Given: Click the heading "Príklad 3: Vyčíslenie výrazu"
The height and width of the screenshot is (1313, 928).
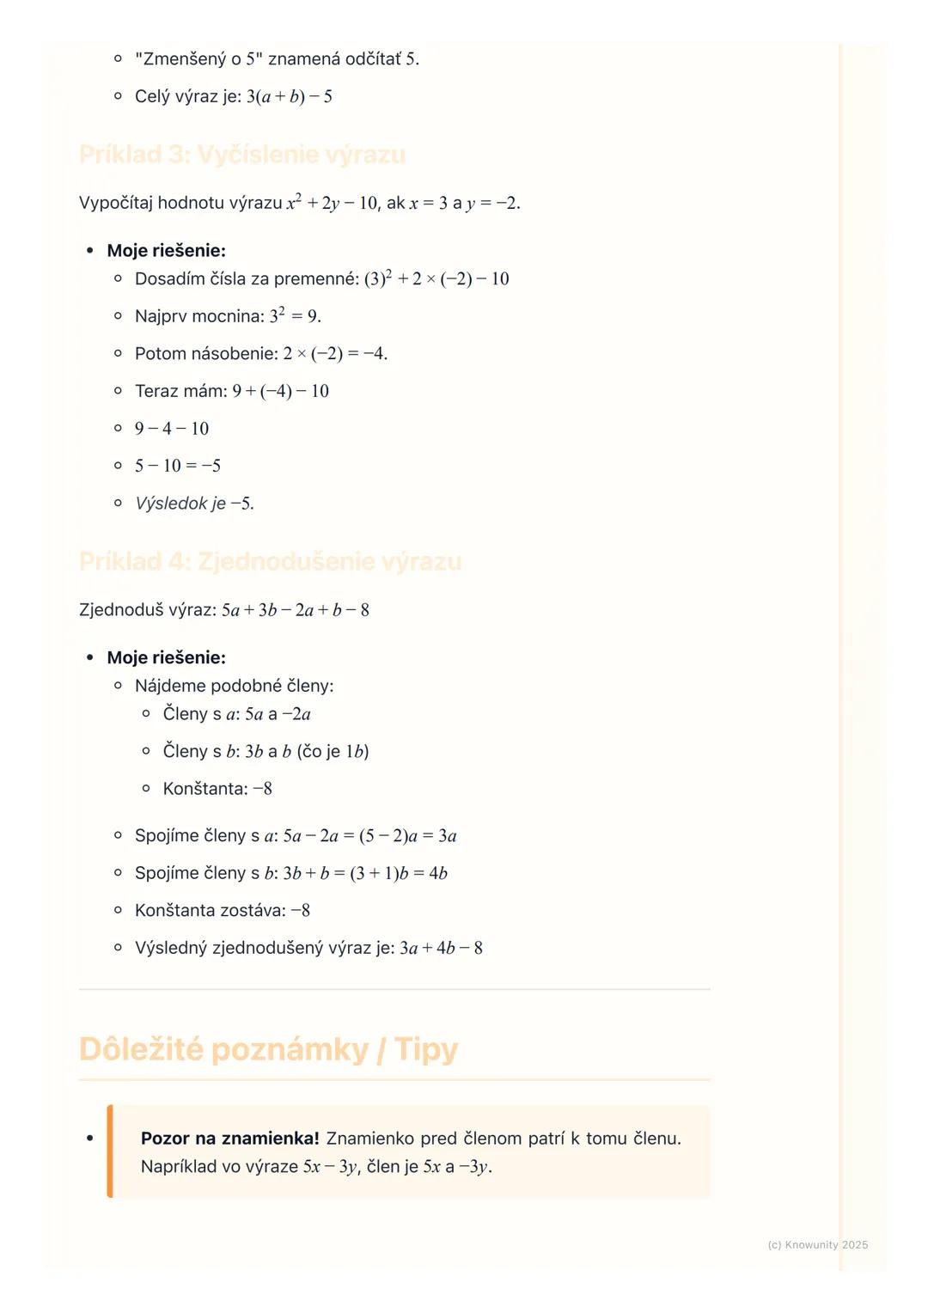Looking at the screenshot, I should [x=242, y=155].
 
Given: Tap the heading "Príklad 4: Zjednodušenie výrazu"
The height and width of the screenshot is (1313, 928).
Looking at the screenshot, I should [x=271, y=562].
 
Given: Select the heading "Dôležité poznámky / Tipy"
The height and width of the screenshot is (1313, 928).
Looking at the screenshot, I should [x=268, y=1049].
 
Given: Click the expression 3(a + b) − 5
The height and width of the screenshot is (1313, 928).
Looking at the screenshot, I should [x=290, y=96].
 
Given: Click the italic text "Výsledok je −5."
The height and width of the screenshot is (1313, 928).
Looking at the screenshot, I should [x=194, y=504].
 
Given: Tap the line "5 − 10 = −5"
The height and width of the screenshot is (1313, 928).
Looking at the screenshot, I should [x=178, y=466].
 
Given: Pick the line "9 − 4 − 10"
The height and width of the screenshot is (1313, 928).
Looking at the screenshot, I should [x=172, y=429].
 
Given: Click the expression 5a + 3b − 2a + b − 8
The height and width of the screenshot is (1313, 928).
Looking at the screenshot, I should [x=296, y=610].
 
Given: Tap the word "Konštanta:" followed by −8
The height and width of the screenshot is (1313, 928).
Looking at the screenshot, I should [x=205, y=789].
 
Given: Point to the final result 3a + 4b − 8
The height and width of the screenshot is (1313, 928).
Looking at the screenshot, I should [x=441, y=949].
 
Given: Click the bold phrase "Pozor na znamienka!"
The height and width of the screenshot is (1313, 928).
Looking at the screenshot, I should [x=229, y=1139].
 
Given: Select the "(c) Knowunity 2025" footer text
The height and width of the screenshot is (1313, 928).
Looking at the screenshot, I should [x=817, y=1244].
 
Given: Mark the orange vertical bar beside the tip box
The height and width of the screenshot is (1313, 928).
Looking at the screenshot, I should [x=110, y=1151].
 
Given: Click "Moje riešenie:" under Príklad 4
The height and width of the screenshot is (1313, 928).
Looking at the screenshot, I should [x=166, y=658].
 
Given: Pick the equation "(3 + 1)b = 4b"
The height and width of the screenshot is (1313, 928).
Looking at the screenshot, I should [x=399, y=874].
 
